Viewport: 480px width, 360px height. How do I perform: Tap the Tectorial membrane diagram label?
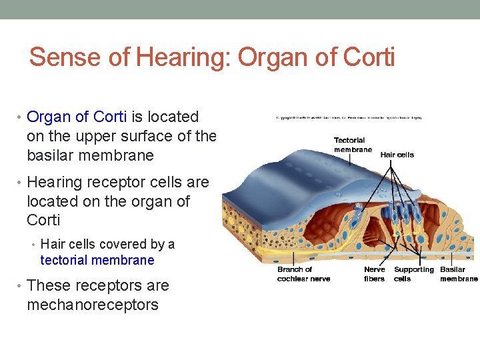pyautogui.click(x=352, y=145)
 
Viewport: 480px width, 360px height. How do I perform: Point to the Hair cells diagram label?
pyautogui.click(x=397, y=155)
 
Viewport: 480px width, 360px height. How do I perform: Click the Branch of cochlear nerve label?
pyautogui.click(x=303, y=274)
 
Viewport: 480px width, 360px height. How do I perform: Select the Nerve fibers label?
pyautogui.click(x=374, y=274)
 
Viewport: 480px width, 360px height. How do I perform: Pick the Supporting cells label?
pyautogui.click(x=413, y=274)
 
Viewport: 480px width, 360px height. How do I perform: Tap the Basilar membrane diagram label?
pyautogui.click(x=459, y=274)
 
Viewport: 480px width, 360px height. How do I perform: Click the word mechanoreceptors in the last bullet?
pyautogui.click(x=93, y=305)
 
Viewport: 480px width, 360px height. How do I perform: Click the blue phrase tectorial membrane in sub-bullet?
pyautogui.click(x=97, y=261)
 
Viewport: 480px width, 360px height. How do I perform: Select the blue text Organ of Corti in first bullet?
pyautogui.click(x=77, y=117)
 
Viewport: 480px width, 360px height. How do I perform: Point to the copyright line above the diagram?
pyautogui.click(x=349, y=117)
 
